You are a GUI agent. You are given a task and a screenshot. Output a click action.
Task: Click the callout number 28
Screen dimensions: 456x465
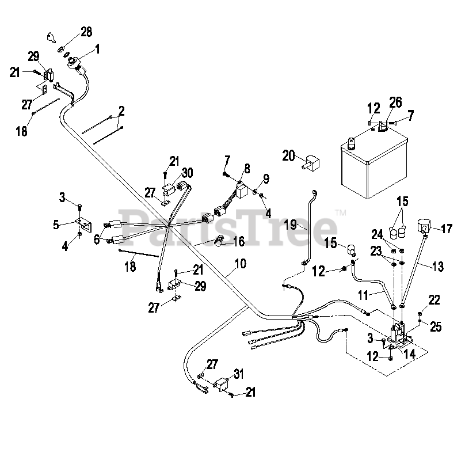86,32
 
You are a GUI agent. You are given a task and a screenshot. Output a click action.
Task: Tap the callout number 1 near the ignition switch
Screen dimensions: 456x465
97,50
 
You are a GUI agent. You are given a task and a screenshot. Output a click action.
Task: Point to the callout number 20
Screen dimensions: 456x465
289,155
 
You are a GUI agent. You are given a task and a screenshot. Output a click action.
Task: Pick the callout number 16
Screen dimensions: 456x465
237,240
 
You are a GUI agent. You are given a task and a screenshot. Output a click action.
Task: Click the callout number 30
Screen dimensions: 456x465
187,172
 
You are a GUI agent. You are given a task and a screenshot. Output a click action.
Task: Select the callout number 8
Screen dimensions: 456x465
247,168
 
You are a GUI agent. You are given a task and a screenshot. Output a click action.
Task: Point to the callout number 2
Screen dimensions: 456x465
122,110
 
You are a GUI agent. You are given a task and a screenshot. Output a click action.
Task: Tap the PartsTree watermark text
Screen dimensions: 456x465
232,224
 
